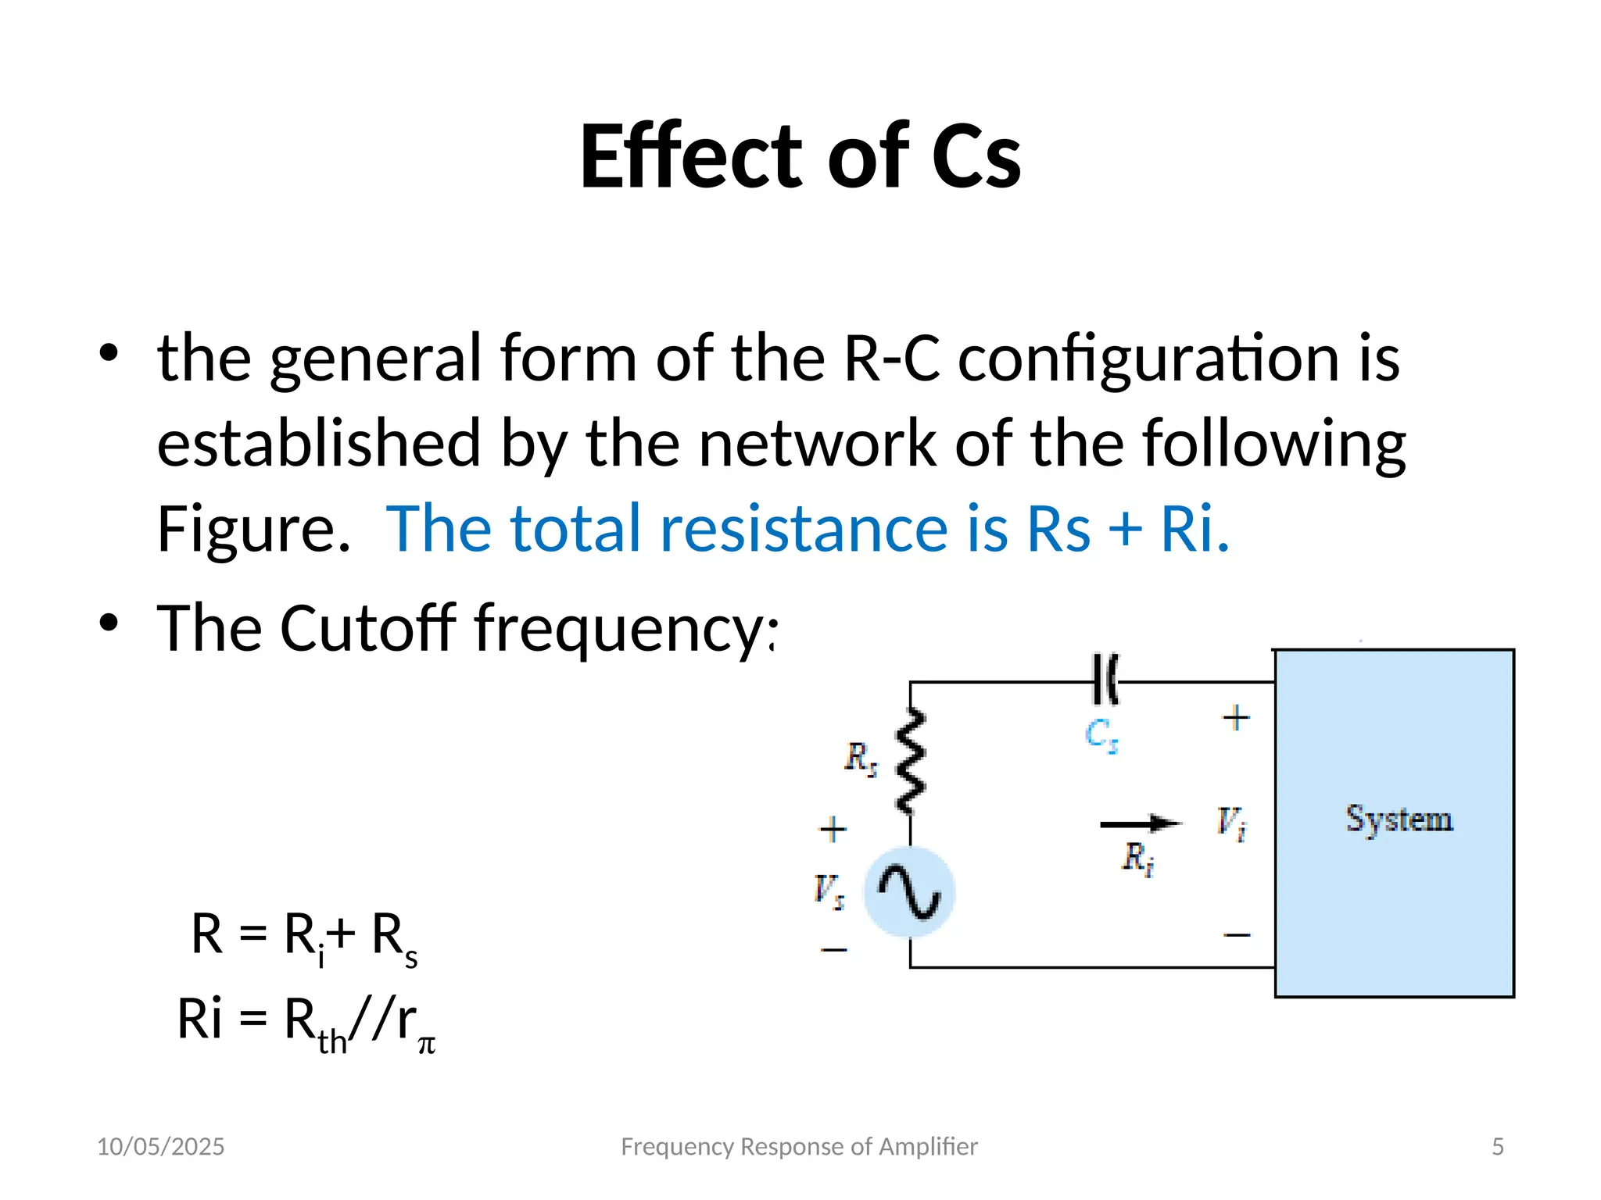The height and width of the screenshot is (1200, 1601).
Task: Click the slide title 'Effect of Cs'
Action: (800, 156)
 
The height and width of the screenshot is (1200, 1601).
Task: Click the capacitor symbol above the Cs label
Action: (1105, 680)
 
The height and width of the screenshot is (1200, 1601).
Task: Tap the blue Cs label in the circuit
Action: (1101, 735)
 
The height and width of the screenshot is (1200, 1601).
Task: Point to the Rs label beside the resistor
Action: (861, 758)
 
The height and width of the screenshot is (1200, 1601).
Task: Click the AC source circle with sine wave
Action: (909, 891)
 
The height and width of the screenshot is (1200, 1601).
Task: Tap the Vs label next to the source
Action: (829, 891)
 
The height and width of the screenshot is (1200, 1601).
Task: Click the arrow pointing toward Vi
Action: (1140, 823)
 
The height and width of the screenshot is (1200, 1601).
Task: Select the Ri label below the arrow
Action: (1138, 859)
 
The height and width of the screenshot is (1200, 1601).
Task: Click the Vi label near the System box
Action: (1231, 823)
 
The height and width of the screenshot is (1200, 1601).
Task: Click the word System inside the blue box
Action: (1399, 820)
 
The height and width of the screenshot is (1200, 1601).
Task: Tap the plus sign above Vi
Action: (1236, 717)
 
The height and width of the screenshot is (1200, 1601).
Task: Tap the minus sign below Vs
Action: (834, 950)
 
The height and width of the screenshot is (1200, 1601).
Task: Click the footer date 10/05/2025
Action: (160, 1146)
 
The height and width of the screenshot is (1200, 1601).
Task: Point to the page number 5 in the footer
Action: (1497, 1146)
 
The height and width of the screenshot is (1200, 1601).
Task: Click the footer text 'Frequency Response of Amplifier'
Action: (799, 1146)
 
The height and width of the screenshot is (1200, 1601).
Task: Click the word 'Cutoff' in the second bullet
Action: (367, 628)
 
